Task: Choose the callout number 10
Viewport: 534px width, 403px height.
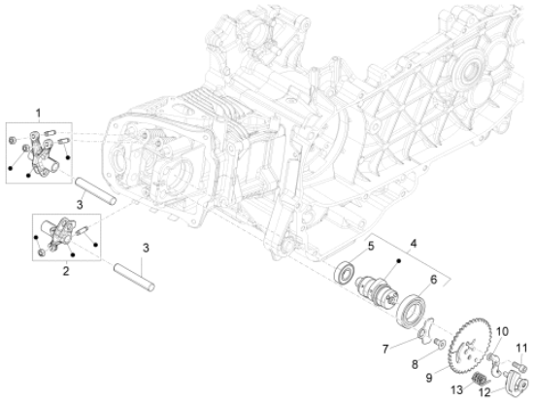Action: pyautogui.click(x=502, y=332)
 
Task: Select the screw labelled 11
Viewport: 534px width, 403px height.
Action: pyautogui.click(x=519, y=367)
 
